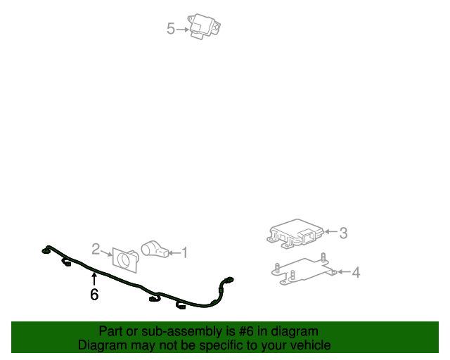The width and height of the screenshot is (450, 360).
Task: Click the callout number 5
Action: click(170, 29)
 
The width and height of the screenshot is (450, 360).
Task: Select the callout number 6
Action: click(94, 295)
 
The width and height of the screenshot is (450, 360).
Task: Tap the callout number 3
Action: click(343, 233)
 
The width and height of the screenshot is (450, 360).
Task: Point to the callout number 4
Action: click(356, 272)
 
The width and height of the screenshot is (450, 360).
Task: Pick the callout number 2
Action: click(96, 249)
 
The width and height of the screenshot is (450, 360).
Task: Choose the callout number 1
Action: click(184, 252)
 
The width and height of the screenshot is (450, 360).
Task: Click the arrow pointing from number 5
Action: click(183, 30)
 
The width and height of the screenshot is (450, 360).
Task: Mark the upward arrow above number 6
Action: click(94, 279)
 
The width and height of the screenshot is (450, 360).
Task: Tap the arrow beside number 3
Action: click(330, 231)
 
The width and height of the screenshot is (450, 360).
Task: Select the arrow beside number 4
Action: click(344, 271)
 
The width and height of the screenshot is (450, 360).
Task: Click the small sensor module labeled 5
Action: click(204, 26)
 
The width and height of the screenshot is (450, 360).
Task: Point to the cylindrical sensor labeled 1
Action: click(155, 249)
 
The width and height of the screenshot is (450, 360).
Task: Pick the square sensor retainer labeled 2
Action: click(125, 260)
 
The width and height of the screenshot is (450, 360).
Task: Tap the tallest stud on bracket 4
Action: click(323, 258)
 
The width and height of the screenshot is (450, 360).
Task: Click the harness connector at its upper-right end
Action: click(229, 280)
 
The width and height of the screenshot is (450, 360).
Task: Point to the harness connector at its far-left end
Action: click(45, 252)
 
